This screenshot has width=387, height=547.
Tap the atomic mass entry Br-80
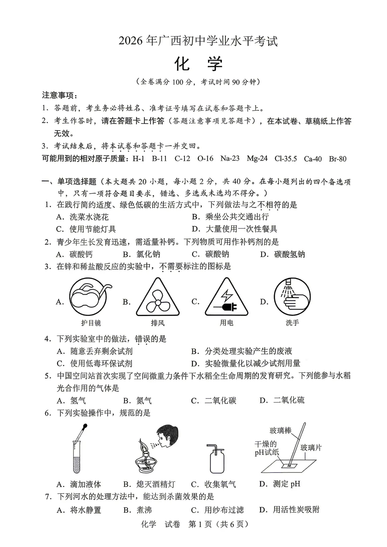click(338, 159)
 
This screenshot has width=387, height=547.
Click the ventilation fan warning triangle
click(158, 297)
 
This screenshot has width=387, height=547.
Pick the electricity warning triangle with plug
click(226, 297)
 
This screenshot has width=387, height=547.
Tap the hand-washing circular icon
click(292, 297)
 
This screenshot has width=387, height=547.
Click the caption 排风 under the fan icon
click(158, 323)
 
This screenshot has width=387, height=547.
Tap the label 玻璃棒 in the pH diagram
click(281, 431)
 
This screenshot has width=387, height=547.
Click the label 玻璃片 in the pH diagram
click(311, 447)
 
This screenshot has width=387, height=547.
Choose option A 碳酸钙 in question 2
click(75, 254)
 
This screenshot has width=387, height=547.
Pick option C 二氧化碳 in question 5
click(214, 400)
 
